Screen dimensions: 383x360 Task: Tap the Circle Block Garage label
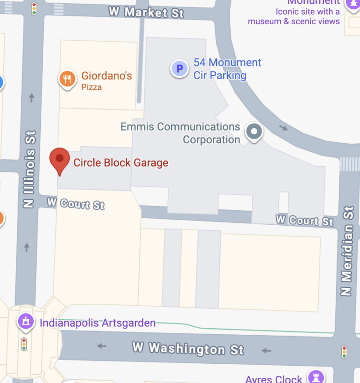point(120,163)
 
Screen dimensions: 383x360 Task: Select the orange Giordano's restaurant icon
point(67,79)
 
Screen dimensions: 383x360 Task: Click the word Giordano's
point(106,75)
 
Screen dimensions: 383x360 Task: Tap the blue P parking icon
point(179,69)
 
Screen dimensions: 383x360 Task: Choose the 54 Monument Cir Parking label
point(227,69)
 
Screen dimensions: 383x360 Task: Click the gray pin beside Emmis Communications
point(254,132)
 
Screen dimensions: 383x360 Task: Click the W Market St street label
point(146,12)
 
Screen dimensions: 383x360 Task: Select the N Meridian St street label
point(347,252)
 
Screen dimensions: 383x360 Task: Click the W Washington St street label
point(188,348)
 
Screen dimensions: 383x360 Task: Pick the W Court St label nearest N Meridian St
point(304,220)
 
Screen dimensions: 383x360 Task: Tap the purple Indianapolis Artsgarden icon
point(25,322)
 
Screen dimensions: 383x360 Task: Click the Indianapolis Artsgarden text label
point(97,323)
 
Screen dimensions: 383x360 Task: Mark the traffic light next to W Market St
point(34,8)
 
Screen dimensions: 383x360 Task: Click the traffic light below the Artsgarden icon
point(24,345)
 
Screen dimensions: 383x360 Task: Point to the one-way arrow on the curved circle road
point(283,127)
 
